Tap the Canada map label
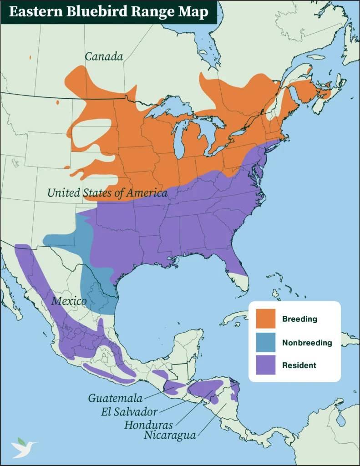pyautogui.click(x=104, y=56)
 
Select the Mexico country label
pyautogui.click(x=69, y=301)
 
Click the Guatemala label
pyautogui.click(x=115, y=398)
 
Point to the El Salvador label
pyautogui.click(x=129, y=412)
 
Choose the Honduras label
pyautogui.click(x=148, y=425)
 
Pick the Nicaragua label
pyautogui.click(x=170, y=436)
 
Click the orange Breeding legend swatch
pyautogui.click(x=265, y=319)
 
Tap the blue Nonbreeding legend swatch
pyautogui.click(x=265, y=342)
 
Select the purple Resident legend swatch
pyautogui.click(x=265, y=365)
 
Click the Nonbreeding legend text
pyautogui.click(x=307, y=343)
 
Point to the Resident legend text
pyautogui.click(x=299, y=365)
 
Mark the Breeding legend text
pyautogui.click(x=299, y=319)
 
